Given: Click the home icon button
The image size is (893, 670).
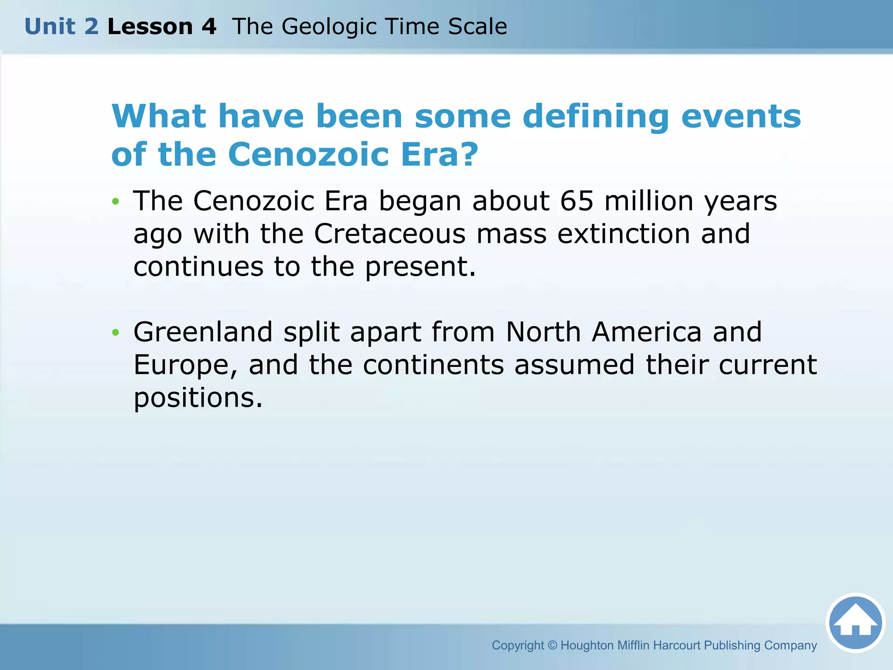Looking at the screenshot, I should click(856, 622).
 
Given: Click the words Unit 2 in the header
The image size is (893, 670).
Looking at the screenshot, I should click(61, 27).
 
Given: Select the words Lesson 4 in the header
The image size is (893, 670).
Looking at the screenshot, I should click(162, 27).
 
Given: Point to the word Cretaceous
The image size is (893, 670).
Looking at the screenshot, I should click(389, 234).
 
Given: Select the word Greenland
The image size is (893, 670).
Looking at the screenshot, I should click(203, 332).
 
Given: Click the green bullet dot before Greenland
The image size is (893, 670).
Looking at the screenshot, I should click(115, 333).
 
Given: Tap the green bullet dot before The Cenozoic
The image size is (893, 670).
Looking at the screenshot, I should click(115, 202).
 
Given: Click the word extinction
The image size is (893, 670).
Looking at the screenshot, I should click(624, 234).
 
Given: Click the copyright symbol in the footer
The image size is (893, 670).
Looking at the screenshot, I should click(552, 645).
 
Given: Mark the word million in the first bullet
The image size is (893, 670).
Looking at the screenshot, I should click(648, 201).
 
